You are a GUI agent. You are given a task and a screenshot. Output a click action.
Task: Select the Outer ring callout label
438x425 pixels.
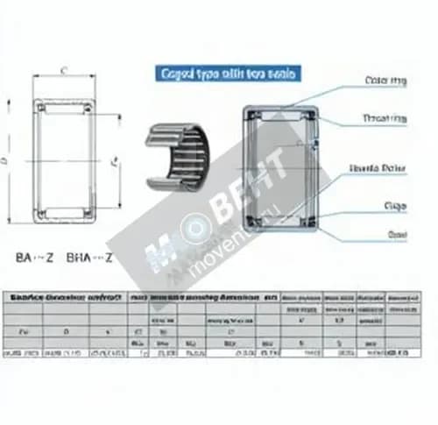pos(385,81)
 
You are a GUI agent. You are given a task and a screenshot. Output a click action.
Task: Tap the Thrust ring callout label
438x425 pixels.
pos(385,117)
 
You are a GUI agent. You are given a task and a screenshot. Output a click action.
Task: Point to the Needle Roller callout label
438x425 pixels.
pos(382,166)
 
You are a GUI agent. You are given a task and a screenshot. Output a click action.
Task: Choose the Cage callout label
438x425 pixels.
pos(395,206)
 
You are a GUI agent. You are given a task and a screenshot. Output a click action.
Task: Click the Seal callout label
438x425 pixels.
pos(396,234)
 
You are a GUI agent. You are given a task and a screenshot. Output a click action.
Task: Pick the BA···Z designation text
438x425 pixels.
pos(35,258)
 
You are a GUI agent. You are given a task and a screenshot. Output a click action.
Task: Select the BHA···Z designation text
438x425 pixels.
pos(90,258)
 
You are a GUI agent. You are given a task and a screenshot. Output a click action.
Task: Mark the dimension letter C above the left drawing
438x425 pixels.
pos(64,70)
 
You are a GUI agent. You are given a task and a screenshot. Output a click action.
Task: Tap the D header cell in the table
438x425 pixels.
pos(65,332)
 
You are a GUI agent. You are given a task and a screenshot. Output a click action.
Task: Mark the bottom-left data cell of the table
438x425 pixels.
pos(23,352)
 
